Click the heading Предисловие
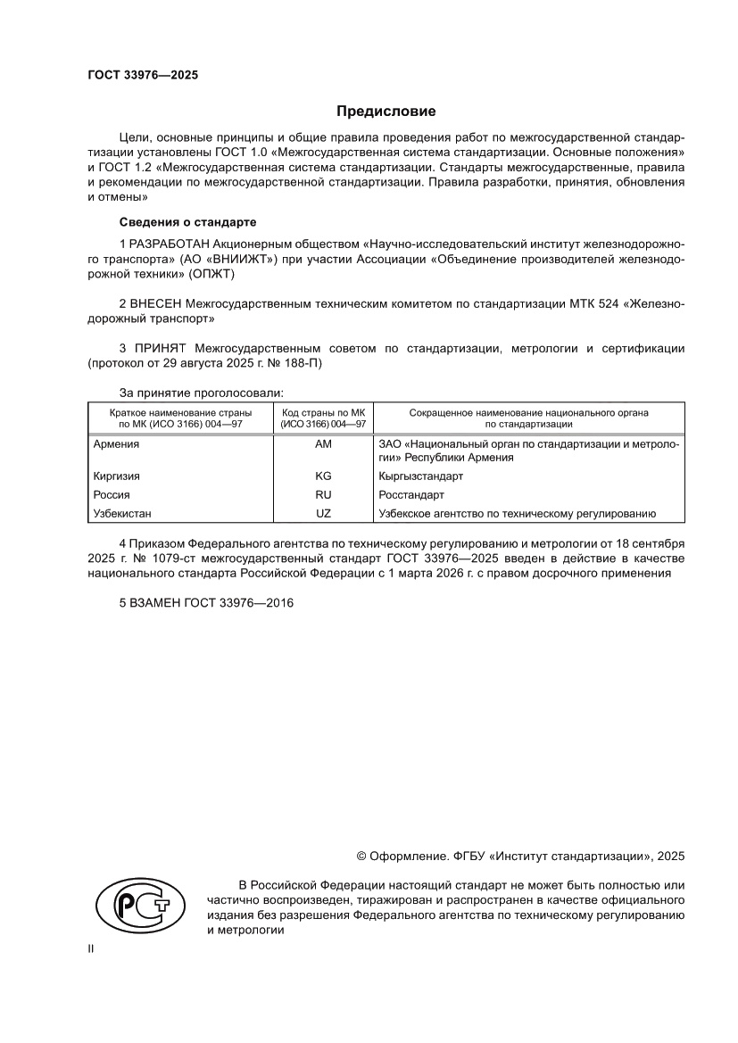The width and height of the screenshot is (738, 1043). click(386, 112)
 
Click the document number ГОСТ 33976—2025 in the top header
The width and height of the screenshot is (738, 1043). click(143, 75)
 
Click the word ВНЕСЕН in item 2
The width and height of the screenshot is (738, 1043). click(157, 303)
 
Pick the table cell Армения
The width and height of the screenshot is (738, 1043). click(115, 443)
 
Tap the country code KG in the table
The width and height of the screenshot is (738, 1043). click(323, 476)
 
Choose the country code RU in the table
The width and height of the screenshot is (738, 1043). click(323, 494)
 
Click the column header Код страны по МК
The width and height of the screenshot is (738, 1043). click(323, 413)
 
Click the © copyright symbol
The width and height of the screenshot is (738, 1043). click(362, 856)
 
